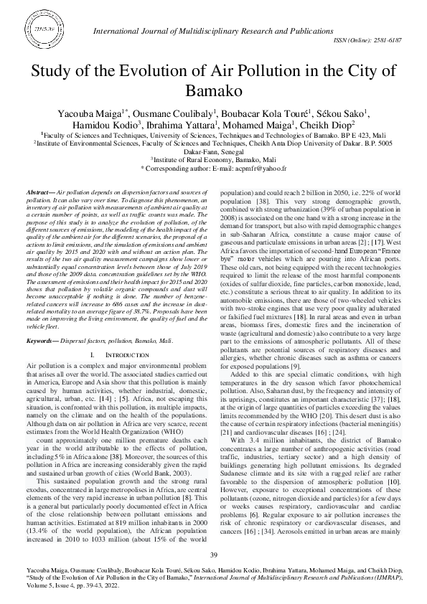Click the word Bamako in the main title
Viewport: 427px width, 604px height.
pos(213,91)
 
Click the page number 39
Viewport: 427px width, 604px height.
pos(213,555)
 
